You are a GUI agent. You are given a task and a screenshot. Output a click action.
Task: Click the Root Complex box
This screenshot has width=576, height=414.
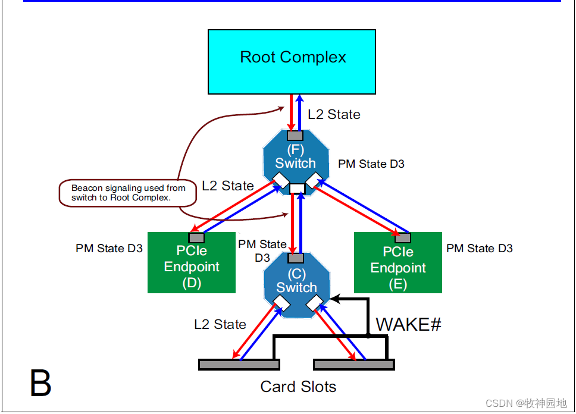coord(292,62)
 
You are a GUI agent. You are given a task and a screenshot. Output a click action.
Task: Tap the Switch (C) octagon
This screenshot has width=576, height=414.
coord(296,286)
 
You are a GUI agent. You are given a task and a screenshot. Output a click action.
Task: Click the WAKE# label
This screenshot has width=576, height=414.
coord(408,325)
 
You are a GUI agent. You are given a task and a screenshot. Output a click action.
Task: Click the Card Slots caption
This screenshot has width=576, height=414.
coord(298,387)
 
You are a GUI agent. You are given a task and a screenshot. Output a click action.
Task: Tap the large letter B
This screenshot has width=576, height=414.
coord(40,384)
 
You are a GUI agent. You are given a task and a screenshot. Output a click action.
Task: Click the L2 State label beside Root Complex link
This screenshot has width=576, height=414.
coord(334,115)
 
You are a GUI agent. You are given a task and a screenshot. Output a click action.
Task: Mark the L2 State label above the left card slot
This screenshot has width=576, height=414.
coord(220,325)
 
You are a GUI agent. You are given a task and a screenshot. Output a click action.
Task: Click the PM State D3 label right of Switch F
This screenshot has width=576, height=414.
coord(371,164)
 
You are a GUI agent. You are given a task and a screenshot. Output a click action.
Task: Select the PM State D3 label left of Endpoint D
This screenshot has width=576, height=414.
coord(109,249)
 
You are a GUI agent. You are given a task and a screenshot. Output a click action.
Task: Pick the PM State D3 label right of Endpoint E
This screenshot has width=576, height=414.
coord(479,249)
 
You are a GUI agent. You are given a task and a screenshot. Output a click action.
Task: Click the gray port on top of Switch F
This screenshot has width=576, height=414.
coord(295,135)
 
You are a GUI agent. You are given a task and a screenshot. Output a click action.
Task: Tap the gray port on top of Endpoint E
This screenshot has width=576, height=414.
coord(403,238)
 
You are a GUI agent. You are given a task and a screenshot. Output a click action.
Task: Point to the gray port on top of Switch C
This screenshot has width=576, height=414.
coord(296,258)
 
